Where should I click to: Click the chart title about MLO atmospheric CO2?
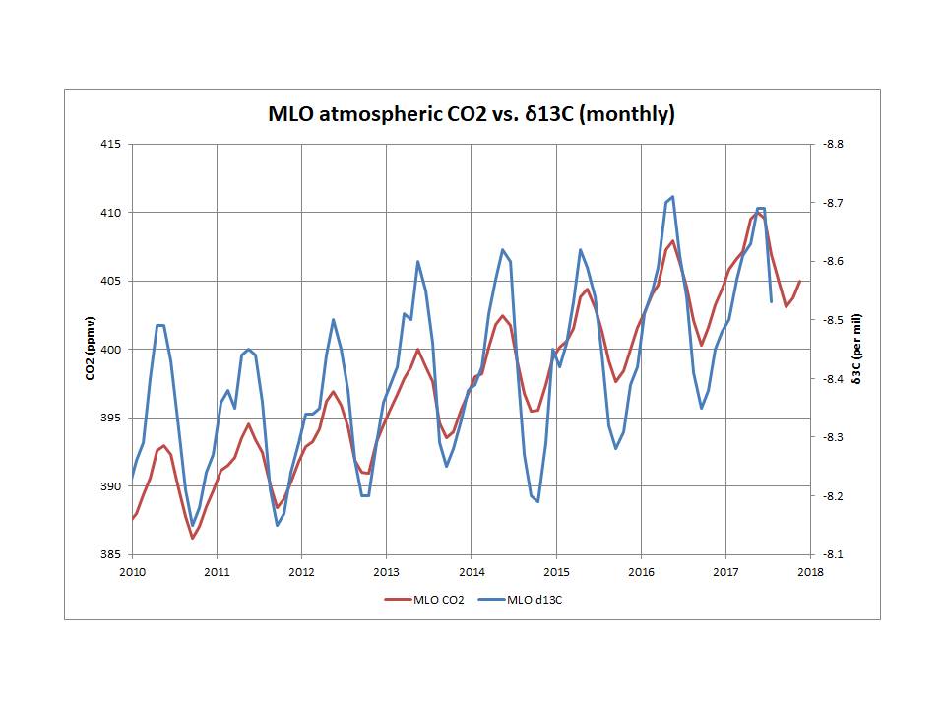pyautogui.click(x=472, y=114)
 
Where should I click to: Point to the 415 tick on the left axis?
pyautogui.click(x=109, y=144)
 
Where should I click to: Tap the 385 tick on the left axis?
pyautogui.click(x=109, y=554)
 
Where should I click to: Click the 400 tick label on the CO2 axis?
pyautogui.click(x=109, y=350)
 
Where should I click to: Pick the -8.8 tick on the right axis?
pyautogui.click(x=833, y=144)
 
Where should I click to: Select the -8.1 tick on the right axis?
pyautogui.click(x=833, y=554)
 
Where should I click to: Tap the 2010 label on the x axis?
pyautogui.click(x=132, y=572)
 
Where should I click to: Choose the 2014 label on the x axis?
pyautogui.click(x=472, y=572)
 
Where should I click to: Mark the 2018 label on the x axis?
pyautogui.click(x=810, y=572)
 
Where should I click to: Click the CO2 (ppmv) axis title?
pyautogui.click(x=90, y=349)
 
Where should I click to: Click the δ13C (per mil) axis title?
pyautogui.click(x=857, y=349)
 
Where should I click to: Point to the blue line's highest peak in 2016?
pyautogui.click(x=672, y=197)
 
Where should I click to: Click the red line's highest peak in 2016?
pyautogui.click(x=672, y=241)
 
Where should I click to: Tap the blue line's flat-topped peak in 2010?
pyautogui.click(x=160, y=325)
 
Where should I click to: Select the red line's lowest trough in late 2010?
pyautogui.click(x=192, y=538)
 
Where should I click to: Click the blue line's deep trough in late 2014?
pyautogui.click(x=537, y=501)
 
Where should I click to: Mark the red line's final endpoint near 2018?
pyautogui.click(x=800, y=282)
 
